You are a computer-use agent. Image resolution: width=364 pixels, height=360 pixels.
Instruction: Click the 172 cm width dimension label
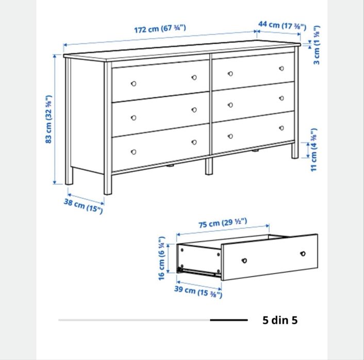point(160,29)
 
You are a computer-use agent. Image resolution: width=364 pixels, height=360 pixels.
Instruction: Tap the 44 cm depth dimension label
point(282,25)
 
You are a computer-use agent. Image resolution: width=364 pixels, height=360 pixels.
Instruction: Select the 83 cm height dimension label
point(48,119)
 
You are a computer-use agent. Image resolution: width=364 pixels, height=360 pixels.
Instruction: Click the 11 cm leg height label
point(314,150)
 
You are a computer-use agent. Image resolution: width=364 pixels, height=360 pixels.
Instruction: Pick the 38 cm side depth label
point(83,206)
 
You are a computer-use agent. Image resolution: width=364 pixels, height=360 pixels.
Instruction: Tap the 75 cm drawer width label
point(223,223)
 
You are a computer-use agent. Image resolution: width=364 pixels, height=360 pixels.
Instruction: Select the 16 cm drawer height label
point(161,258)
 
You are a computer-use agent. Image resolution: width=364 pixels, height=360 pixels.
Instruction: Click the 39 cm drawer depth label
point(198,292)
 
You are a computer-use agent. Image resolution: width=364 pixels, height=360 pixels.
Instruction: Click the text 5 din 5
point(280,320)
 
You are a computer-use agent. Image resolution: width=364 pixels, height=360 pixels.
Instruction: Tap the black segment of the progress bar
point(229,320)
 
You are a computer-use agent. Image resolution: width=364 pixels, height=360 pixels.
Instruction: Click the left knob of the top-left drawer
point(134,83)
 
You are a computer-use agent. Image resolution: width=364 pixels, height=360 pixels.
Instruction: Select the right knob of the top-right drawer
point(282,68)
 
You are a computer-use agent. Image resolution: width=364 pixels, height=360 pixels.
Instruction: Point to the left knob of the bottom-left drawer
point(134,152)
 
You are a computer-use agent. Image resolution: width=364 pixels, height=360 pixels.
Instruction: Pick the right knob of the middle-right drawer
point(282,98)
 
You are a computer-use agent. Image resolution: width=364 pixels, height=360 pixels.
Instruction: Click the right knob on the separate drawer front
point(303,253)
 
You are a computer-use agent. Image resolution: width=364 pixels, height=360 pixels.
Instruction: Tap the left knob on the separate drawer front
point(244,261)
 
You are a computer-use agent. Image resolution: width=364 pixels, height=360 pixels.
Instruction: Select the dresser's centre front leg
point(209,166)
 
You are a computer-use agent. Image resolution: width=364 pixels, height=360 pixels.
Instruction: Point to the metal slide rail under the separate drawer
point(199,272)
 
